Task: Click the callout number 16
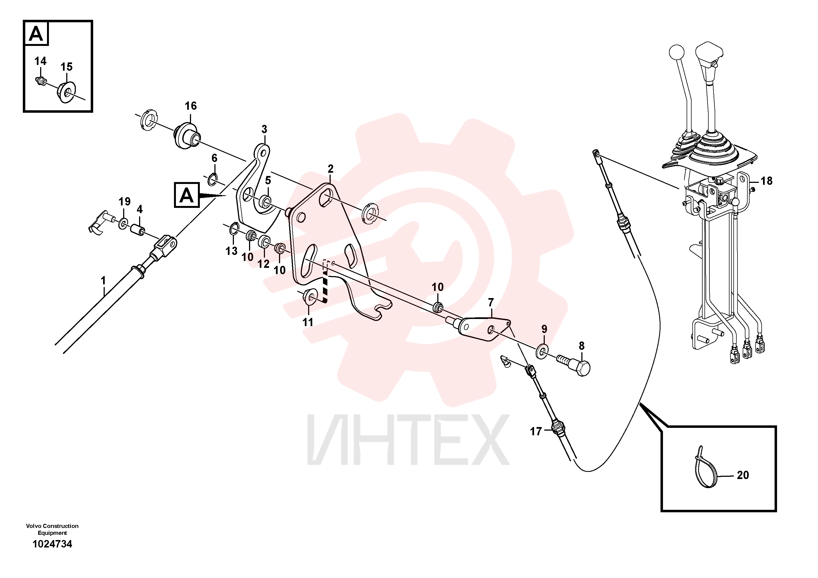[x=190, y=106]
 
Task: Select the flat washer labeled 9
[x=542, y=351]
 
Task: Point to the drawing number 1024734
[x=52, y=544]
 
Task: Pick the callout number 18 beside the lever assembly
[x=766, y=181]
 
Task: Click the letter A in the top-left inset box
[x=36, y=34]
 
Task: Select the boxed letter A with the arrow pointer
[x=187, y=195]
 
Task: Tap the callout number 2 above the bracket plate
[x=331, y=169]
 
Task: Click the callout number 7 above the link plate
[x=491, y=302]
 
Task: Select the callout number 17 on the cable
[x=536, y=431]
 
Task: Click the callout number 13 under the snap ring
[x=232, y=251]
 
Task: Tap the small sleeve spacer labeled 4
[x=137, y=230]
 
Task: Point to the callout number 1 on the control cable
[x=103, y=281]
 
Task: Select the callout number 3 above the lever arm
[x=264, y=129]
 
